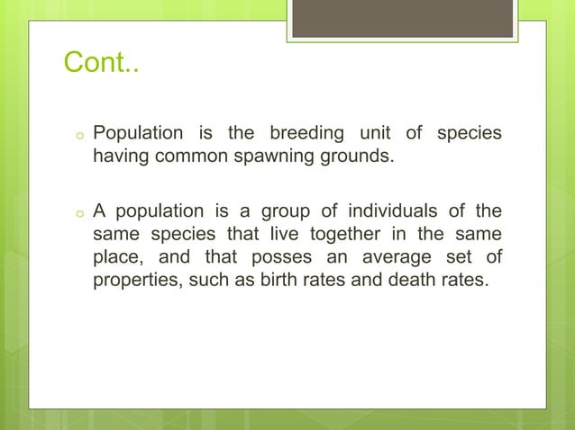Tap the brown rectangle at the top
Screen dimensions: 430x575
pos(402,19)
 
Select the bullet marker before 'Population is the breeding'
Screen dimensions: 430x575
pos(79,137)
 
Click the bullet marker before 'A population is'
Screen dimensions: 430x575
pos(79,214)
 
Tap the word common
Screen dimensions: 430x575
pos(187,157)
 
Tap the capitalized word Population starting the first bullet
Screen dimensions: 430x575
pos(137,134)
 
